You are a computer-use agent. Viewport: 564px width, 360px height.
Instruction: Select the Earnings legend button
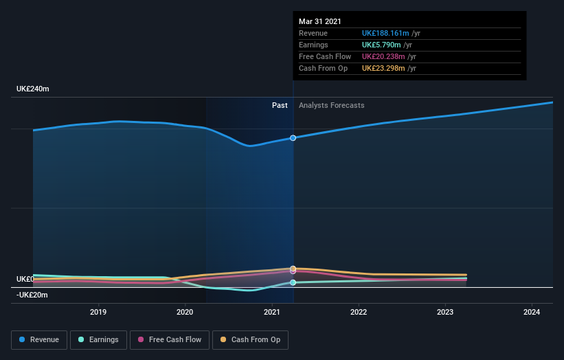pos(99,339)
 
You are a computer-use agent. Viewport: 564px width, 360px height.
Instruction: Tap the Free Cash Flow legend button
pos(169,339)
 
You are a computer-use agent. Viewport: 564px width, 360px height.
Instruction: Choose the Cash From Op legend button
pos(250,339)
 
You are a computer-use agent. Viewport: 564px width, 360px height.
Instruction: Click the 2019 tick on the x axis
pos(98,312)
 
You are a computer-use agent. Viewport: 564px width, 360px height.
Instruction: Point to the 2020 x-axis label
pos(185,312)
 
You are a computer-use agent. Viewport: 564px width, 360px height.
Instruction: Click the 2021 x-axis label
pos(272,312)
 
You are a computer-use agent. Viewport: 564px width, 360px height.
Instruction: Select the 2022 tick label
pos(359,312)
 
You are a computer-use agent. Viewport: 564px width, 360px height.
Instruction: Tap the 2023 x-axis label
pos(445,312)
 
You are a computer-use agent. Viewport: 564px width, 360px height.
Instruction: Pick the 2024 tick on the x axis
pos(532,312)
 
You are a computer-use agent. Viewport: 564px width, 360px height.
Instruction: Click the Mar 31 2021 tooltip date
pos(319,22)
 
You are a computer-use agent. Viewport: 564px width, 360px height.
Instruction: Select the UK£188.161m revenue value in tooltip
pos(385,33)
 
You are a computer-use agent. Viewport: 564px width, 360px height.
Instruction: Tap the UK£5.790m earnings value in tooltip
pos(381,45)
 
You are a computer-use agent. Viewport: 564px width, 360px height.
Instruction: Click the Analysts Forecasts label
pos(331,105)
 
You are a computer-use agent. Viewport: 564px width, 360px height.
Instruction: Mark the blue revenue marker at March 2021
pos(293,138)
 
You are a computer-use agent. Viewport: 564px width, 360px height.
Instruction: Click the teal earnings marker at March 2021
pos(293,282)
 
